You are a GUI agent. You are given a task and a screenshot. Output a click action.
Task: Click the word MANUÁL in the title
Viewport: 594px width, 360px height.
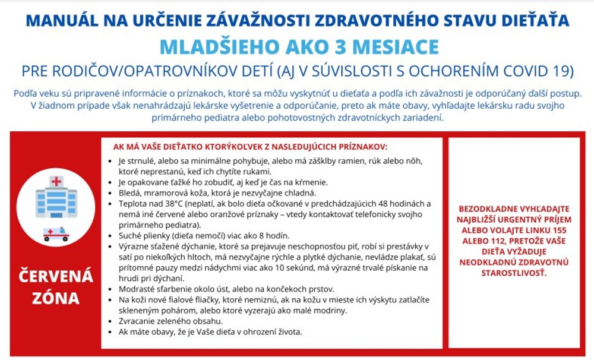click(x=64, y=20)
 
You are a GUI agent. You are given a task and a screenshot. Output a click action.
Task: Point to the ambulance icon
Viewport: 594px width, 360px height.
click(x=56, y=234)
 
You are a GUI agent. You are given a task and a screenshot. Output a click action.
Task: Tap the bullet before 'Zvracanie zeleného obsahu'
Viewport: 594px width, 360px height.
click(x=113, y=321)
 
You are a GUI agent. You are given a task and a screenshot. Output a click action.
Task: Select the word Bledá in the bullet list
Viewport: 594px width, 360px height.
click(x=130, y=193)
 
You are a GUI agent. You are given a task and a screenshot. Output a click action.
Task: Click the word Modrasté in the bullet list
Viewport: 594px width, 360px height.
click(x=136, y=289)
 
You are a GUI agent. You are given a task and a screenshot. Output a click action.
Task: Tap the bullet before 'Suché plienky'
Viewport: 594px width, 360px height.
click(x=113, y=236)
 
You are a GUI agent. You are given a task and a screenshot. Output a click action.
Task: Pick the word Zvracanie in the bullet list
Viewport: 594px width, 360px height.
click(x=137, y=321)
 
